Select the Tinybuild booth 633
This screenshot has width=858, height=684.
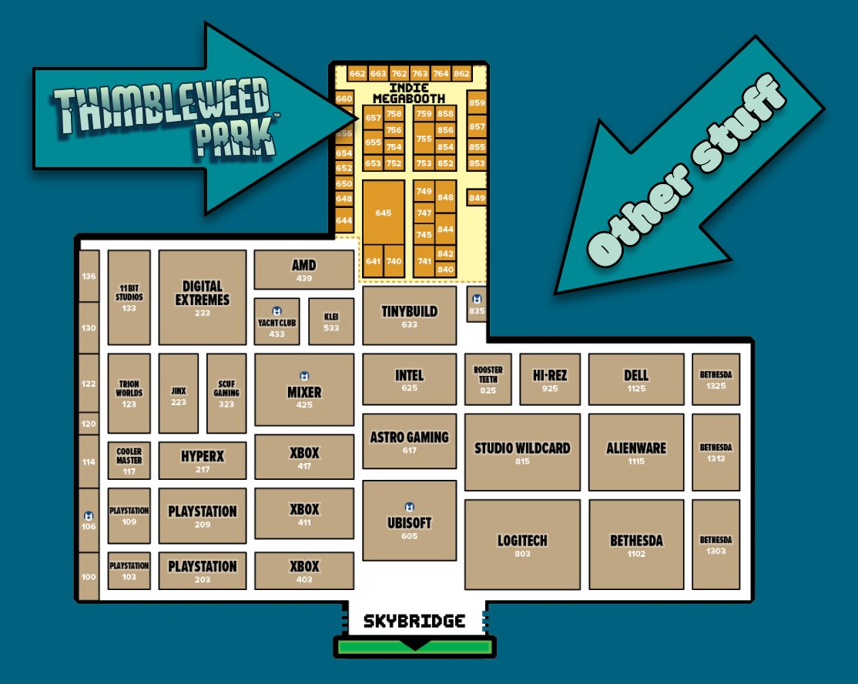(409, 316)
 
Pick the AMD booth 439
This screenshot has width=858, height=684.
(303, 270)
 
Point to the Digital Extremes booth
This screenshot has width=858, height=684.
(202, 297)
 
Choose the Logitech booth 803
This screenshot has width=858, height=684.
(521, 545)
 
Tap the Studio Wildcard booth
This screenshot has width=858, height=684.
(521, 452)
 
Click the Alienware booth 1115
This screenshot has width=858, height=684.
(635, 452)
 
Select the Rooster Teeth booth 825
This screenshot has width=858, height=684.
(488, 379)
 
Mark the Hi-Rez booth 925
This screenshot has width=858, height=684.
(549, 379)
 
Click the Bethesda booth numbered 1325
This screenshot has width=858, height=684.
(716, 379)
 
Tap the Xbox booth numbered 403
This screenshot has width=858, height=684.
(304, 571)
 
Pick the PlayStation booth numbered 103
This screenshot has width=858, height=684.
(129, 571)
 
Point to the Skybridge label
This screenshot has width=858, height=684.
(414, 621)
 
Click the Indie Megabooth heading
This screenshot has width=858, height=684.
(408, 93)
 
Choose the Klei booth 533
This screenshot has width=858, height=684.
(331, 321)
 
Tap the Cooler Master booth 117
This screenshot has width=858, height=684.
(129, 461)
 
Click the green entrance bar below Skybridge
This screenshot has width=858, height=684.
(414, 646)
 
